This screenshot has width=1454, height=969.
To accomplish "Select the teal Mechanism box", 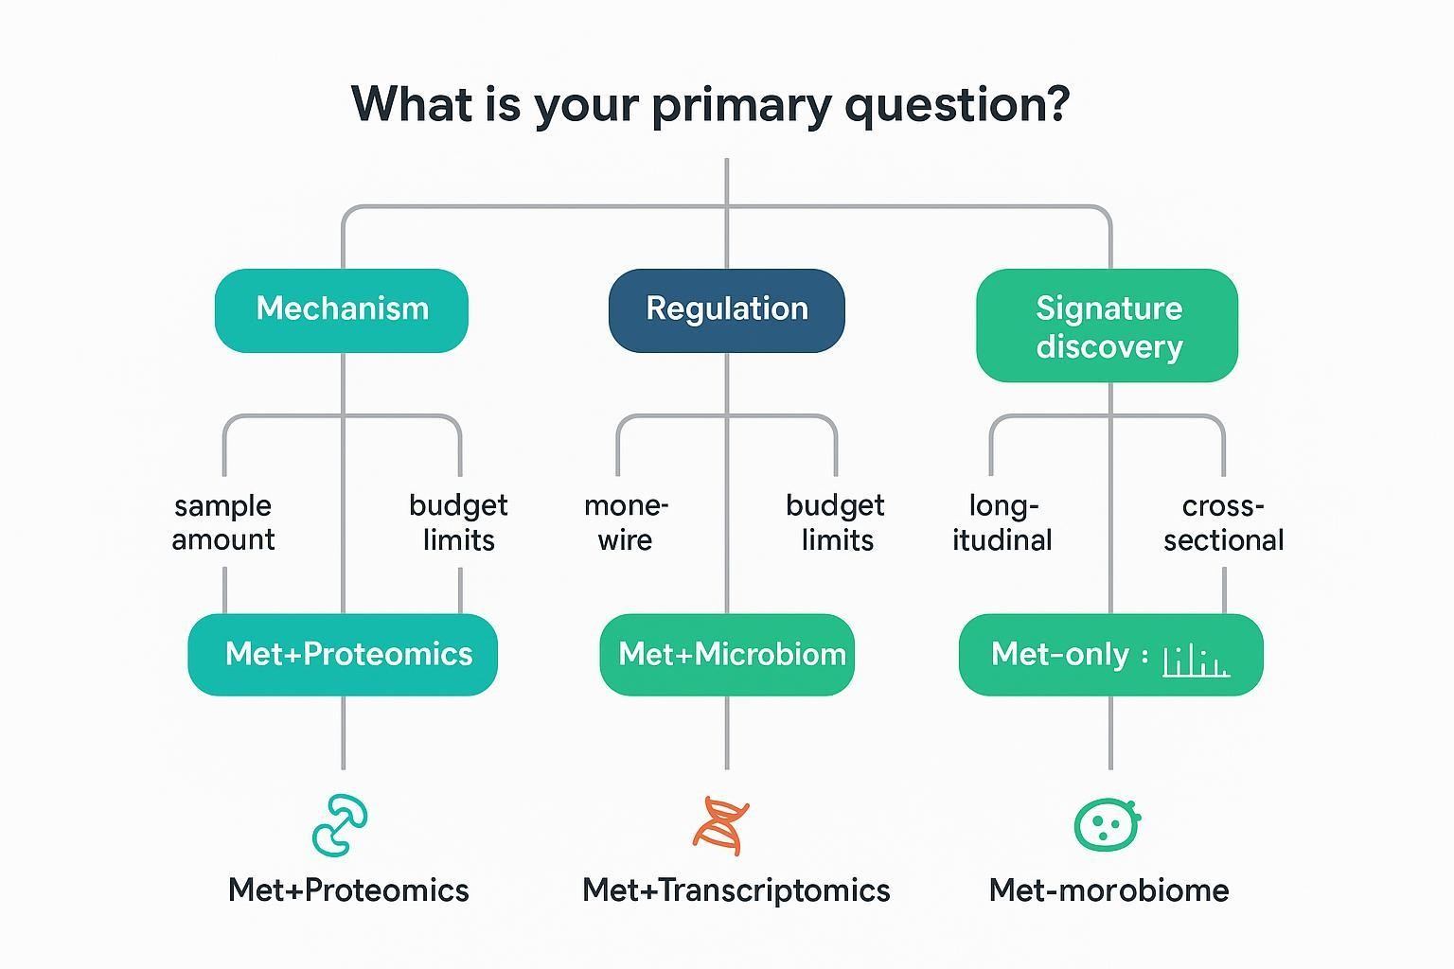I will (x=342, y=309).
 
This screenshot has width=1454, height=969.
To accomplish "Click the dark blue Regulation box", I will (x=726, y=309).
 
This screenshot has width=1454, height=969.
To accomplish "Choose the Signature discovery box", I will (x=1108, y=326).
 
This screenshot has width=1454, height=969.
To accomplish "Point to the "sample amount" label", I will (x=223, y=522).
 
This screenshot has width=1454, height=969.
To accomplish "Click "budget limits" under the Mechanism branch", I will (x=459, y=522).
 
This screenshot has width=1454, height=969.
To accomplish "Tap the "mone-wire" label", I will (x=626, y=522).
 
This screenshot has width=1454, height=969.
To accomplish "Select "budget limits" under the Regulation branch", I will (x=836, y=522).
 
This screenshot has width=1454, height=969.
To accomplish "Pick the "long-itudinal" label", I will (x=1002, y=522).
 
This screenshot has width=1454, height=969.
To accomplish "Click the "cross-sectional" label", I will (x=1223, y=522).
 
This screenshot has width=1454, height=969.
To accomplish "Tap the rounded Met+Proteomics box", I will (x=343, y=654).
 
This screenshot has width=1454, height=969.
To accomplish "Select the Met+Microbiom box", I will (x=727, y=654).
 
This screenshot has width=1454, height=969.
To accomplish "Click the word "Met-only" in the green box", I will (x=1060, y=654).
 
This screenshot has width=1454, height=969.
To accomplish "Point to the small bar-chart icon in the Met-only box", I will (x=1196, y=660).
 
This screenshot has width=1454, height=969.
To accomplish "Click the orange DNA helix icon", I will (x=723, y=824).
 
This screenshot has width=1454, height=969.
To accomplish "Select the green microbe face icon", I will (x=1108, y=824).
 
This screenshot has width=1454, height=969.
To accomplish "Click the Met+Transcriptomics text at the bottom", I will (x=736, y=890).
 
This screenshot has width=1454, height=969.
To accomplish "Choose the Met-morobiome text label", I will (x=1108, y=890).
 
